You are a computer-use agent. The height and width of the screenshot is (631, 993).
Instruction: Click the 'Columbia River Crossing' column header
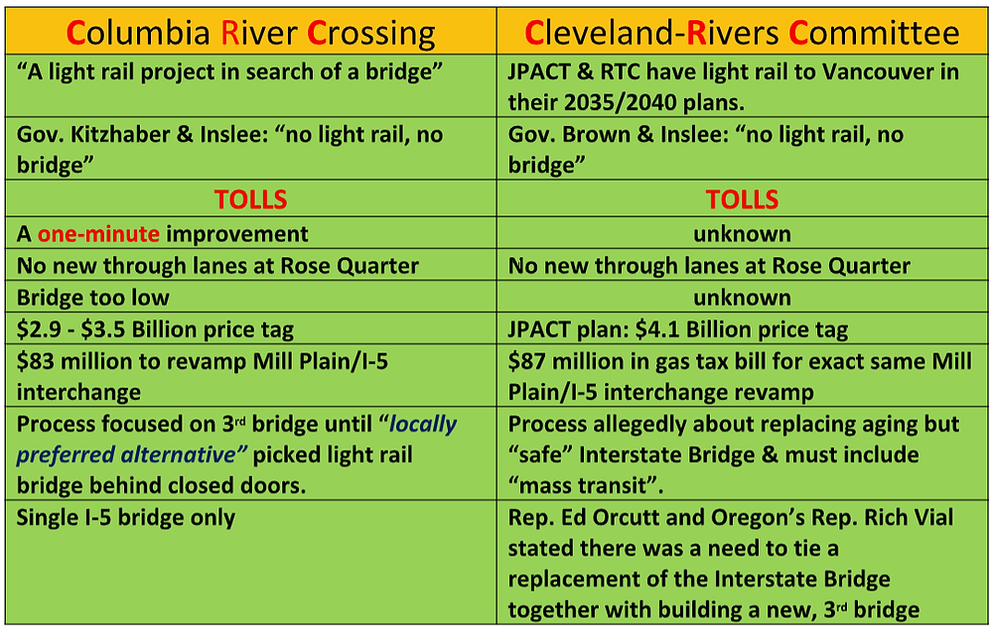(251, 33)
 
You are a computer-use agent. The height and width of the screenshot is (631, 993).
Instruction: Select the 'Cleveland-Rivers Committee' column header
(742, 33)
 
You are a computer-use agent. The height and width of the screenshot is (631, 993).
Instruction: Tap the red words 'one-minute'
(98, 234)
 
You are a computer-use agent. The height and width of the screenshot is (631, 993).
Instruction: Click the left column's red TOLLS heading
(251, 199)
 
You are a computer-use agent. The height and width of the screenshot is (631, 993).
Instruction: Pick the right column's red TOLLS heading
(742, 199)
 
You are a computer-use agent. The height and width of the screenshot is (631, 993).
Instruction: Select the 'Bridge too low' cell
(93, 298)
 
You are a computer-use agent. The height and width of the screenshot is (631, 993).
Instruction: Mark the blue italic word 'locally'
(422, 424)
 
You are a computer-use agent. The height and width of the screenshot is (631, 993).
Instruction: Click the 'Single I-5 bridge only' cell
(126, 518)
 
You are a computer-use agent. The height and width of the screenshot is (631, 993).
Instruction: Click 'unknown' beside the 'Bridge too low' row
(742, 298)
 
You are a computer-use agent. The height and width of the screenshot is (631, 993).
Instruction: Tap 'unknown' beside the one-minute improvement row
(742, 234)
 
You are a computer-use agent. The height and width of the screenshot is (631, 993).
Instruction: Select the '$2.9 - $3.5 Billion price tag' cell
(155, 329)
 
